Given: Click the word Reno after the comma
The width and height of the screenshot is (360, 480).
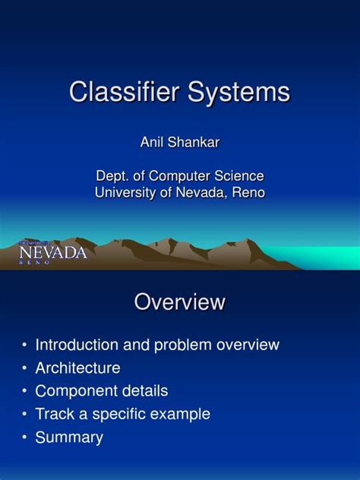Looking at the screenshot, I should [249, 193].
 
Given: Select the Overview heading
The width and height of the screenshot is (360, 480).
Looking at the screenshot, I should [180, 302].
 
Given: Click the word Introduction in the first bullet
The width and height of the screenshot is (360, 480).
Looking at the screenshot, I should [77, 345].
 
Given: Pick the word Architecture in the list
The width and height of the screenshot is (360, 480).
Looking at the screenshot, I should [77, 368].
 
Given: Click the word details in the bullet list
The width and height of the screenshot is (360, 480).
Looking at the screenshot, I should [144, 391].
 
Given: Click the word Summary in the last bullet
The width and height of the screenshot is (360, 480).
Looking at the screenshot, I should [69, 437].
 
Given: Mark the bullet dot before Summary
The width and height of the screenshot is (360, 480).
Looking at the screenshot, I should [24, 438].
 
